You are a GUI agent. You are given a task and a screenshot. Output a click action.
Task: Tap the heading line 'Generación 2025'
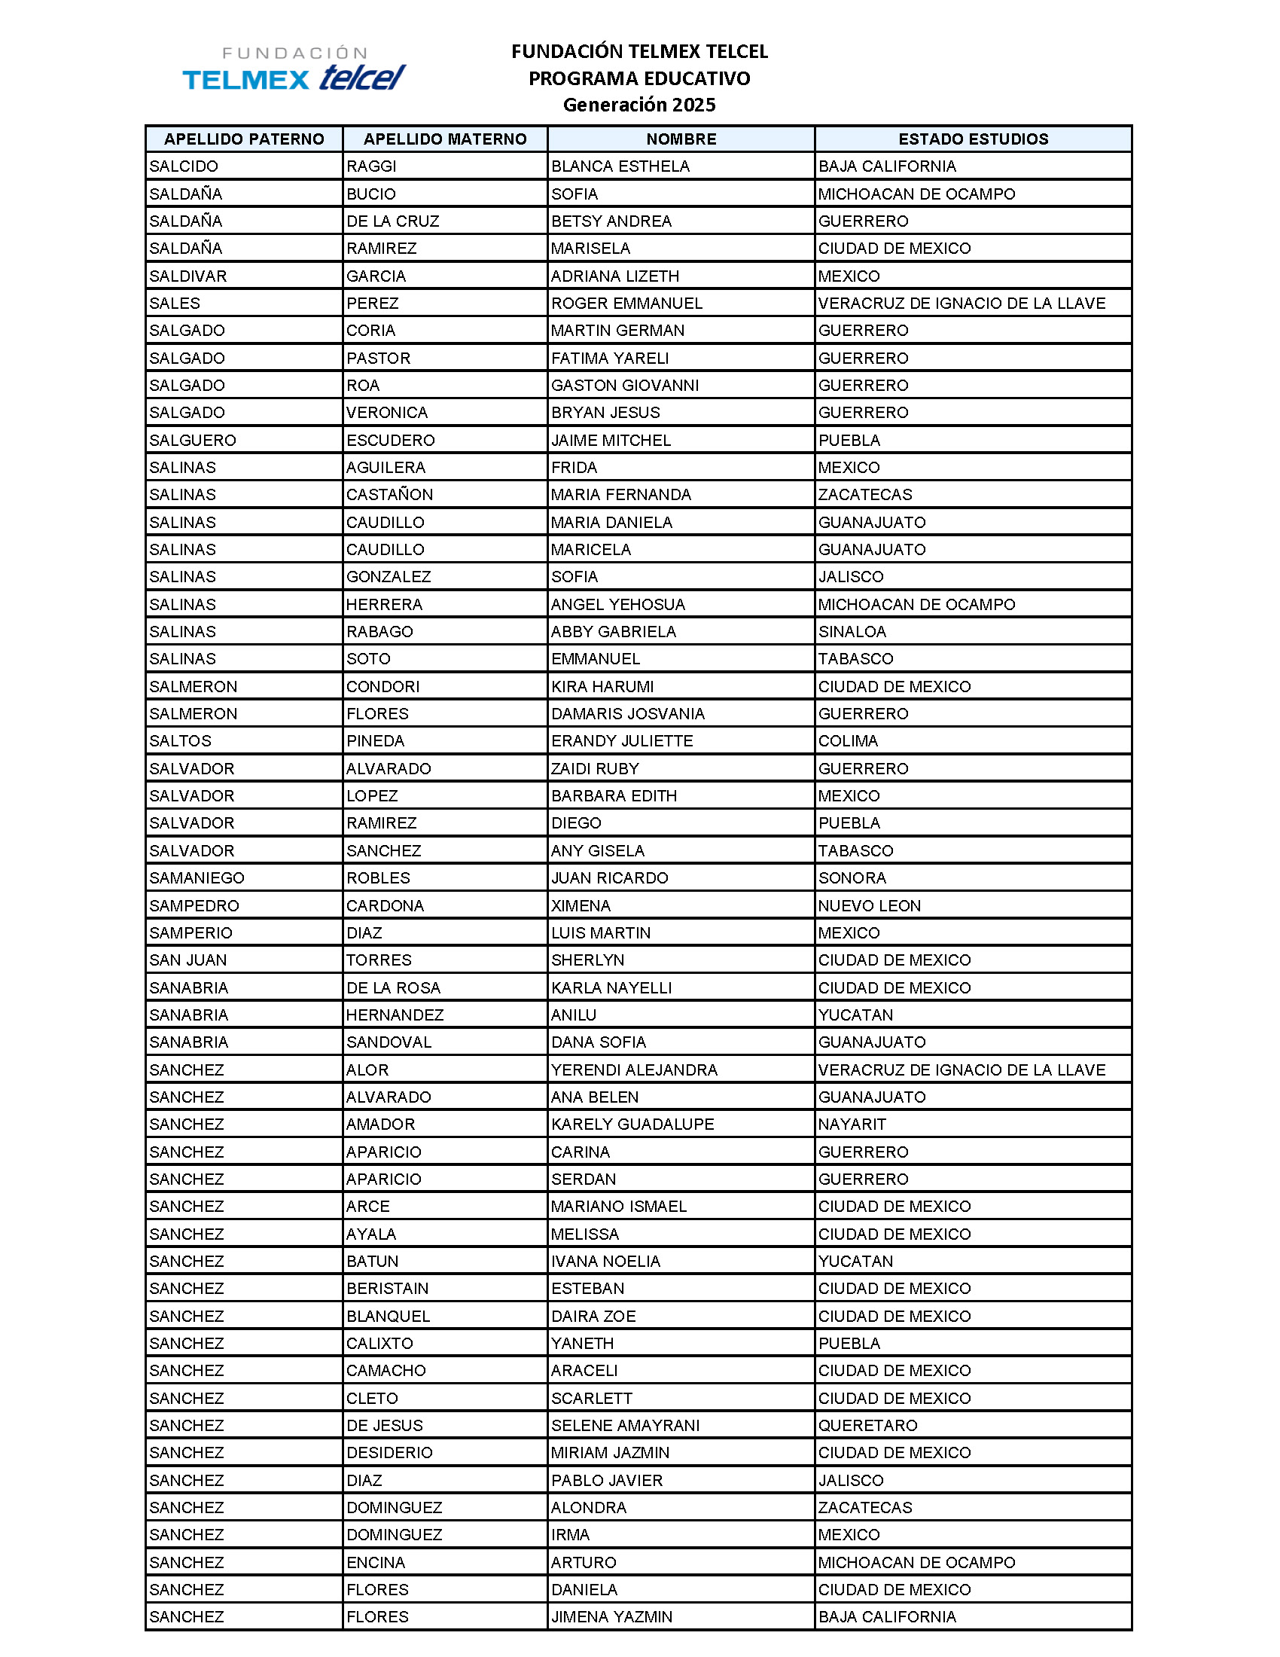(x=638, y=105)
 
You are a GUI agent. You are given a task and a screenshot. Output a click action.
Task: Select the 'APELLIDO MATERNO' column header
(x=444, y=139)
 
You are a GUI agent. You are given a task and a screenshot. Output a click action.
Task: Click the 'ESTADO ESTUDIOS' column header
(x=973, y=139)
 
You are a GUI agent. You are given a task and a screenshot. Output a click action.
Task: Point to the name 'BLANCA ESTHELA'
(x=620, y=166)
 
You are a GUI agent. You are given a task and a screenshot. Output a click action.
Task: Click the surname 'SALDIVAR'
(x=187, y=276)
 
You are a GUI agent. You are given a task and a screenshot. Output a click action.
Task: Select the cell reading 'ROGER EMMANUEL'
(x=626, y=304)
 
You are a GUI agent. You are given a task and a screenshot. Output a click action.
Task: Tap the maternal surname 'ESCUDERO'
(x=390, y=440)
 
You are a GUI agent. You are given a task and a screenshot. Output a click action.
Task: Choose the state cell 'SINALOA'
(x=852, y=631)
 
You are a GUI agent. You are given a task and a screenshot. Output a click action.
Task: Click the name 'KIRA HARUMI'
(x=602, y=687)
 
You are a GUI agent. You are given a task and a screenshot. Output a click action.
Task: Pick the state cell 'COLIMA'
(x=848, y=740)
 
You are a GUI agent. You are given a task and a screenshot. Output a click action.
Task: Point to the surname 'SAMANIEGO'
(x=197, y=877)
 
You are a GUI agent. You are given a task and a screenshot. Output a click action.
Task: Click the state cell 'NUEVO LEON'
(x=869, y=905)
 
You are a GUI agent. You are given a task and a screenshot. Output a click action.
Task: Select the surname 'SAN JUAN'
(x=187, y=960)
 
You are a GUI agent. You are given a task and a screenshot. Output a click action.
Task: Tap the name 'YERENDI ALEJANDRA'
(x=634, y=1070)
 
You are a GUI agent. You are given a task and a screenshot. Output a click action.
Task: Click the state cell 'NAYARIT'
(x=852, y=1124)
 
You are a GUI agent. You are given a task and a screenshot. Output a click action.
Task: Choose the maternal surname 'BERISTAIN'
(x=387, y=1288)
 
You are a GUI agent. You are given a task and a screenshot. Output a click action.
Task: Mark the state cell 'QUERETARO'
(x=867, y=1425)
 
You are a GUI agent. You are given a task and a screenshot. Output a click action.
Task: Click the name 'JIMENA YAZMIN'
(x=611, y=1617)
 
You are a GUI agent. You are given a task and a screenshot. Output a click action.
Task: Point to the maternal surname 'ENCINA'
(x=376, y=1562)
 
